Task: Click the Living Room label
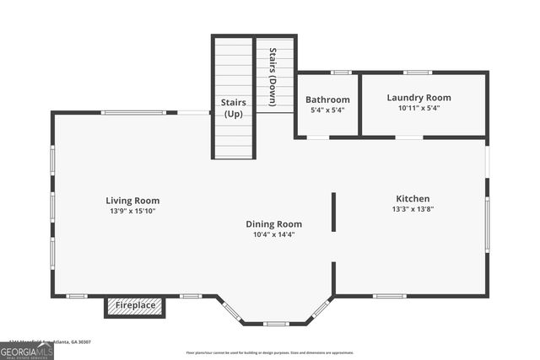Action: [132, 201]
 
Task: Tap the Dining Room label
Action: [273, 224]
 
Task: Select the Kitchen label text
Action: [413, 199]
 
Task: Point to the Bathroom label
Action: [327, 99]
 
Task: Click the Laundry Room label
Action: [418, 98]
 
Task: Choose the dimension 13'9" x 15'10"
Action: [132, 211]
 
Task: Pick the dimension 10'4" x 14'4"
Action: [273, 234]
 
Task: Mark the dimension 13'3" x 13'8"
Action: [413, 209]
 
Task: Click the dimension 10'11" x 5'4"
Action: [418, 108]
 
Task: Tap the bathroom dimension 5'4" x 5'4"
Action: [327, 110]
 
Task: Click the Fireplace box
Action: [135, 305]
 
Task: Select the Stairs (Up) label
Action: [233, 107]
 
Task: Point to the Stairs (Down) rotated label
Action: [273, 77]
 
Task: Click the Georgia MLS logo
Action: [27, 351]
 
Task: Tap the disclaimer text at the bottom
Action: [270, 352]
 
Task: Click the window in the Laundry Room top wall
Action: [418, 73]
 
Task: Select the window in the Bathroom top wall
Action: [340, 73]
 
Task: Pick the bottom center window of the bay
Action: [275, 324]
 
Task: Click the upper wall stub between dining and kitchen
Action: [333, 212]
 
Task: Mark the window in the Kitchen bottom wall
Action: [389, 296]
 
